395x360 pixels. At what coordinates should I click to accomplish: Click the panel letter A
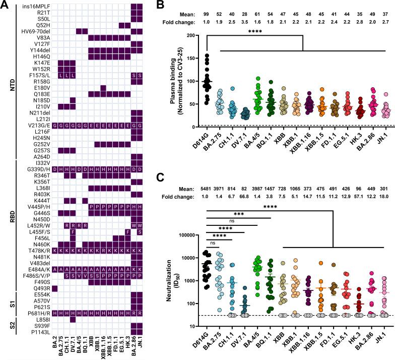click(x=4, y=5)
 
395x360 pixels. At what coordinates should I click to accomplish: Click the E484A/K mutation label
click(x=40, y=255)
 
